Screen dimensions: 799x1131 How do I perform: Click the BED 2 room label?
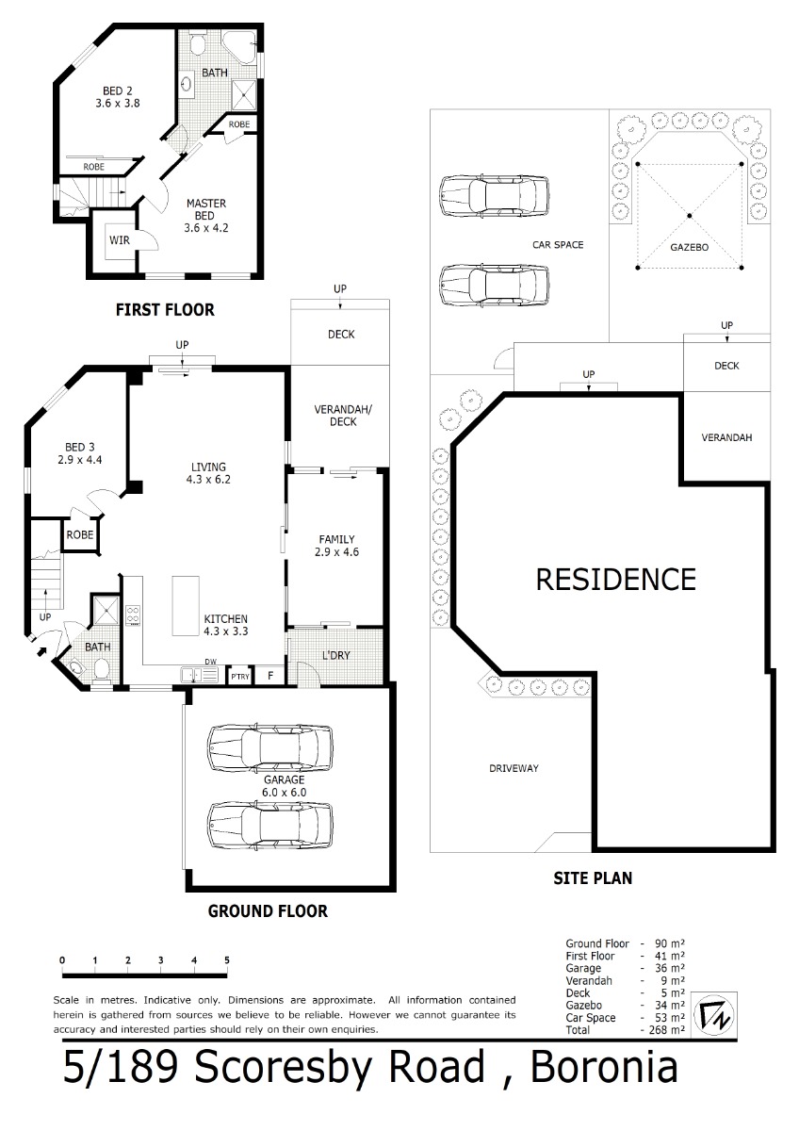pyautogui.click(x=118, y=97)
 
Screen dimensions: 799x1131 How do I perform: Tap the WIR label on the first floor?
pyautogui.click(x=120, y=240)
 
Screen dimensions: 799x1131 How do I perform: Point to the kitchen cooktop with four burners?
pyautogui.click(x=133, y=616)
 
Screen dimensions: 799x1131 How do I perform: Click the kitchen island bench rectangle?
pyautogui.click(x=186, y=606)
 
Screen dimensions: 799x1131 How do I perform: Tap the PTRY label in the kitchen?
pyautogui.click(x=240, y=677)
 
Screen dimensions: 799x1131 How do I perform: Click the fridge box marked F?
pyautogui.click(x=270, y=676)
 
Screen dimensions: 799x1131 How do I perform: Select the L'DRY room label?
pyautogui.click(x=335, y=655)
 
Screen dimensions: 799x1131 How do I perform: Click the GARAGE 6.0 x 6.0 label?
pyautogui.click(x=285, y=786)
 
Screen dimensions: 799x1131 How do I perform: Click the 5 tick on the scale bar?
pyautogui.click(x=227, y=960)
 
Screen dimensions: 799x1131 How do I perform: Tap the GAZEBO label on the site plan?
pyautogui.click(x=689, y=247)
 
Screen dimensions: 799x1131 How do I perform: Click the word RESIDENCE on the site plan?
pyautogui.click(x=616, y=579)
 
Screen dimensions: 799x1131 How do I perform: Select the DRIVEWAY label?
pyautogui.click(x=514, y=768)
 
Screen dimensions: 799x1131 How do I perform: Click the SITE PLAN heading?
pyautogui.click(x=593, y=878)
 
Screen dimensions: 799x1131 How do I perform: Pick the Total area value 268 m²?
pyautogui.click(x=666, y=1029)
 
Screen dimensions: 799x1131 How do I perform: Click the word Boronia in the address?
pyautogui.click(x=604, y=1067)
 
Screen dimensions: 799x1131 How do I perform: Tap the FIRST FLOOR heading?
pyautogui.click(x=165, y=309)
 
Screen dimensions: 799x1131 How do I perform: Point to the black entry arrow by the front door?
pyautogui.click(x=41, y=651)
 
